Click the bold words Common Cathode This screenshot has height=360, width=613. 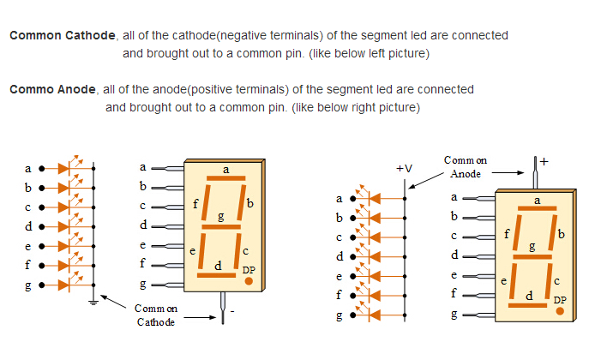point(63,35)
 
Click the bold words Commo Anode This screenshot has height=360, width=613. point(53,89)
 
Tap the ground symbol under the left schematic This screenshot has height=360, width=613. point(93,303)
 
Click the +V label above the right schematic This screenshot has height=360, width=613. point(404,169)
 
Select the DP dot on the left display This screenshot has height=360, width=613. point(249,281)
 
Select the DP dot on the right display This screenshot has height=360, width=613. point(560,311)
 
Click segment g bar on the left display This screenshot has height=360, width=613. point(221,226)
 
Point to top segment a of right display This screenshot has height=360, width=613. point(537,208)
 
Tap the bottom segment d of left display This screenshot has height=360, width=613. point(216,275)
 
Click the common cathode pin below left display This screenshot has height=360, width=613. point(223,308)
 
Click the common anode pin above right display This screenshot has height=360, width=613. point(535,173)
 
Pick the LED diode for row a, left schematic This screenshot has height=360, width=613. point(63,169)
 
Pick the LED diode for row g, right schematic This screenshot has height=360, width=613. point(375,315)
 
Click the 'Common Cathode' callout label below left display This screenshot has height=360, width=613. point(155,315)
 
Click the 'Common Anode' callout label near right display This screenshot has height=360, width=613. point(466,167)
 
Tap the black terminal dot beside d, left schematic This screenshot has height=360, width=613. point(41,226)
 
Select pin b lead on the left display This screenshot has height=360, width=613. point(167,188)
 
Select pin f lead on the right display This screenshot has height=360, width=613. point(478,296)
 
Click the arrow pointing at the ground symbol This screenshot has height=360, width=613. point(113,302)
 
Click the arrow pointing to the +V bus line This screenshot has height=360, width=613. point(426,181)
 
